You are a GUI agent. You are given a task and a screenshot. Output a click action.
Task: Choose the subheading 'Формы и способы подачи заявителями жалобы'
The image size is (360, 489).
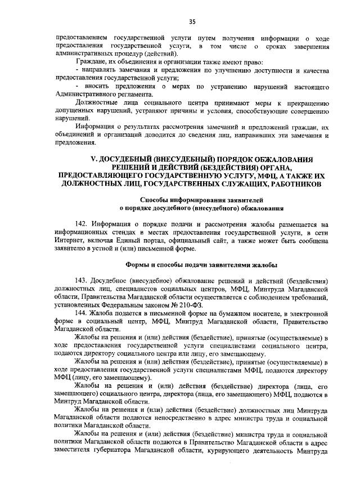(x=200, y=264)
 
